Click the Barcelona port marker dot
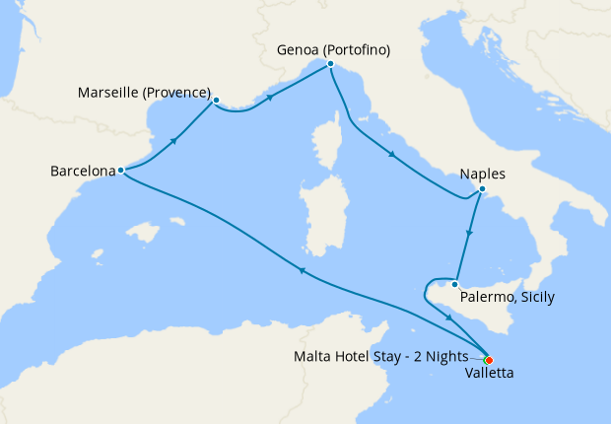[120, 170]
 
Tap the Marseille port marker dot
[216, 99]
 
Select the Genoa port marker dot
[330, 64]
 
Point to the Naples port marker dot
[482, 189]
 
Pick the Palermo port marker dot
[454, 285]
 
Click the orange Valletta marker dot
[489, 360]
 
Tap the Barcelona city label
[81, 171]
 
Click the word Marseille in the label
[107, 94]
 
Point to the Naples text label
[483, 175]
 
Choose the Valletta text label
[489, 375]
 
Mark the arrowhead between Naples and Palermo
[470, 236]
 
